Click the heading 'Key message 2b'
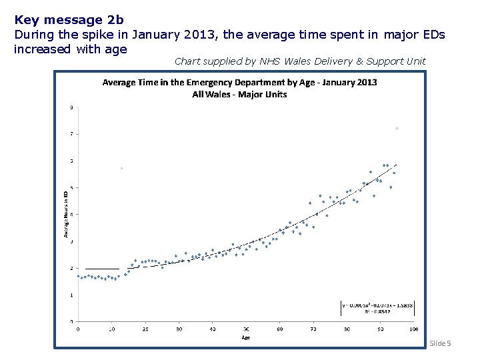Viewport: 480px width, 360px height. (x=59, y=20)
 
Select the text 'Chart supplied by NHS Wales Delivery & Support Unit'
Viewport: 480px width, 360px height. (x=300, y=61)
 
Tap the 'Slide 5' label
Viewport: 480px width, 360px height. (x=440, y=343)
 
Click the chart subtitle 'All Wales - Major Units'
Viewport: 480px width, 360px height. (x=239, y=94)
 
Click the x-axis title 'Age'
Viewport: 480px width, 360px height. (x=246, y=337)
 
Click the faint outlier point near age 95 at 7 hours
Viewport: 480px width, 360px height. (x=397, y=128)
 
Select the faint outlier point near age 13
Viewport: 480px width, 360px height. (x=121, y=168)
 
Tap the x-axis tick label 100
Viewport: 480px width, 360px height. (x=413, y=329)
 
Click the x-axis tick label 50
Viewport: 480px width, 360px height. (x=246, y=329)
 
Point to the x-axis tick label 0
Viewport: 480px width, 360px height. (x=78, y=329)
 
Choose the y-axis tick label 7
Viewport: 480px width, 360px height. (x=72, y=134)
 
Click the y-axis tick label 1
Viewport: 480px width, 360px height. (x=72, y=295)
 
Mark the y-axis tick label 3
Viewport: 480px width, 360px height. (x=72, y=241)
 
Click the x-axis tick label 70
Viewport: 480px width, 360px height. (x=313, y=329)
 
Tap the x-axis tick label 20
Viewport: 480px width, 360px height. (x=145, y=329)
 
